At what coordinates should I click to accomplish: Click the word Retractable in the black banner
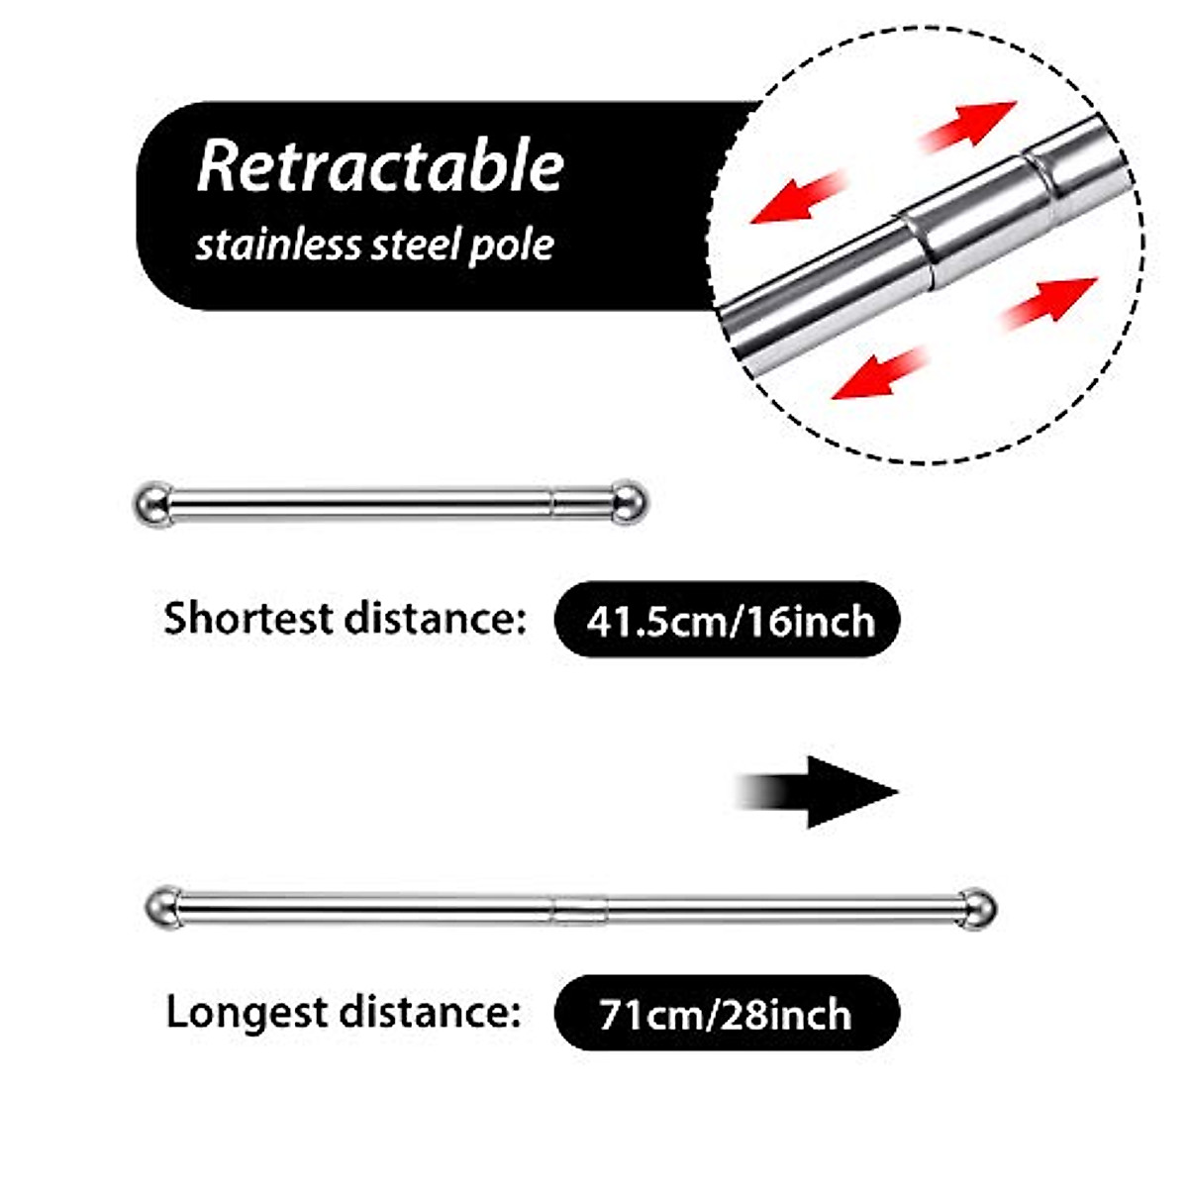380,166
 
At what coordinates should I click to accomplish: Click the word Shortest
248,619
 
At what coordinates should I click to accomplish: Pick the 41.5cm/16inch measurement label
729,621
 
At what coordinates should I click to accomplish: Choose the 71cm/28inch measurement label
726,1014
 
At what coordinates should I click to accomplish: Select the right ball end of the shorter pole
626,502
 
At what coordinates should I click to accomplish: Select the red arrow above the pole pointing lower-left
800,197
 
